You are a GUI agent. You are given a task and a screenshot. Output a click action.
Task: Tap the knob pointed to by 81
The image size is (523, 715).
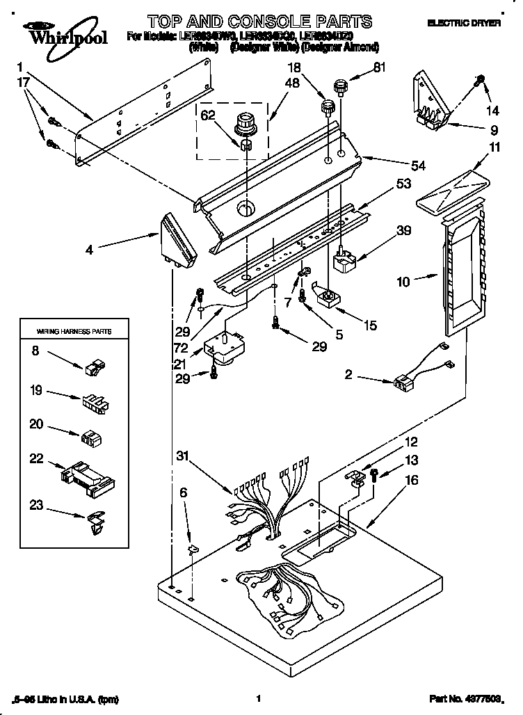tap(340, 88)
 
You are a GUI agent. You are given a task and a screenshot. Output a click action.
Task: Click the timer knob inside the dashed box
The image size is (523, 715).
tap(246, 124)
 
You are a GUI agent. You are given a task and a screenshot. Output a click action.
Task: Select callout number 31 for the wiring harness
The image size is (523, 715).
tap(182, 456)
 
